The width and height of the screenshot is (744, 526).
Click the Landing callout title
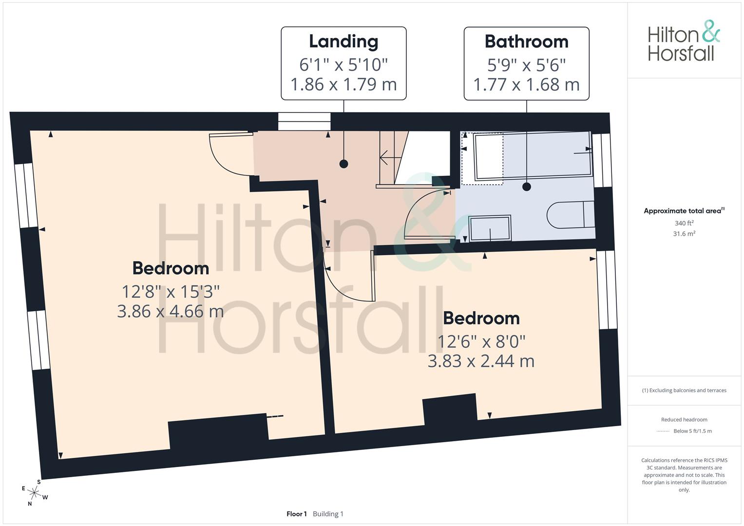(343, 42)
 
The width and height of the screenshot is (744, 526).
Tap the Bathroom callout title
(526, 41)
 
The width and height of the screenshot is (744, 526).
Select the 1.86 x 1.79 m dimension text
(343, 84)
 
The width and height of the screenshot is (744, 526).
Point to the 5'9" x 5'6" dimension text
(526, 65)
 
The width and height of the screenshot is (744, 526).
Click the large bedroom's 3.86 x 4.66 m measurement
(171, 312)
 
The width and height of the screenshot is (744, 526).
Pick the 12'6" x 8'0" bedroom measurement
(481, 341)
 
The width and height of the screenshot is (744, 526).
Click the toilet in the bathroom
(571, 214)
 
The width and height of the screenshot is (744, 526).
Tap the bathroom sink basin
(490, 228)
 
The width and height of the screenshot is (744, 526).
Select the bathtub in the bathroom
(533, 156)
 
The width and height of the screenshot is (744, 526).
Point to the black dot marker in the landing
(344, 164)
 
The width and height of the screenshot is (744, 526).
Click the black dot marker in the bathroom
(526, 187)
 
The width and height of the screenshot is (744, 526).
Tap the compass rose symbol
(34, 492)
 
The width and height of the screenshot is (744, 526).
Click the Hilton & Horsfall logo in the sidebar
(684, 40)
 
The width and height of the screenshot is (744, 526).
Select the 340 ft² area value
(684, 223)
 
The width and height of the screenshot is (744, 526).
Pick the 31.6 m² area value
(684, 233)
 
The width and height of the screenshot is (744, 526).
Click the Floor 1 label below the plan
(297, 514)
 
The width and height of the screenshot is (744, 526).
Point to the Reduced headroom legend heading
(684, 419)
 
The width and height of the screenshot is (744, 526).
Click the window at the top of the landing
(304, 121)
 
